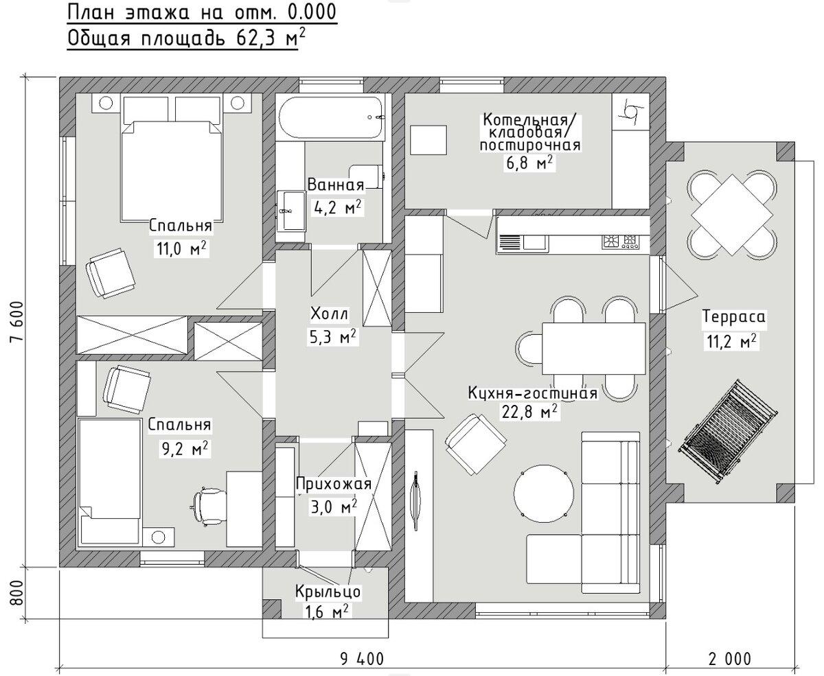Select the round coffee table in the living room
coord(544,493)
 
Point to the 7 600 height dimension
coord(17,321)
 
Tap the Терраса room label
coord(734,316)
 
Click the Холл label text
coord(329,313)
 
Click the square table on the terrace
coord(732,214)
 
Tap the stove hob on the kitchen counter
coord(621,242)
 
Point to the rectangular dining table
coord(593,349)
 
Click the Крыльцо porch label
coord(328,592)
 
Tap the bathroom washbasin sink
coord(290,211)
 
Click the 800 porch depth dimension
coord(17,593)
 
